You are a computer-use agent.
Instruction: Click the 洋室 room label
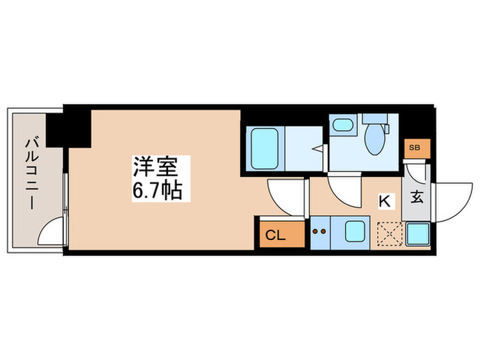(152, 167)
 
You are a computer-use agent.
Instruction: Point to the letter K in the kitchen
(385, 201)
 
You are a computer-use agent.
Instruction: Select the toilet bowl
(376, 140)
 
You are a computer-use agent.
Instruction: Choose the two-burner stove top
(320, 232)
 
